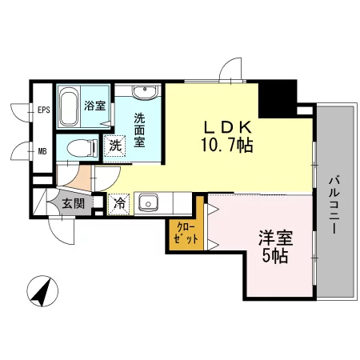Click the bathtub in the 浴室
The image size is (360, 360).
point(70,106)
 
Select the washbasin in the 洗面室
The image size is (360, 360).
point(145,92)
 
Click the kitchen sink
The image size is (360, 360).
point(148,204)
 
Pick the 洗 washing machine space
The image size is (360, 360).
point(115,146)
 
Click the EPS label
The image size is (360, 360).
point(44,110)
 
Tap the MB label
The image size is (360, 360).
point(42,151)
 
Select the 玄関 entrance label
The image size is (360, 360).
point(74,203)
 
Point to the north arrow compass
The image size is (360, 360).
point(42,291)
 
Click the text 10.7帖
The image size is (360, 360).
point(227,146)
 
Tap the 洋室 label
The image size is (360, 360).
point(275,238)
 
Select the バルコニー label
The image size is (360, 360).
point(334,204)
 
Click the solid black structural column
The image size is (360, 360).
point(278,99)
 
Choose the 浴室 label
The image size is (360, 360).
point(95,106)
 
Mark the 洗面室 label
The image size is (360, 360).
point(139,130)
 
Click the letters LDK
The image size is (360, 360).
point(228,127)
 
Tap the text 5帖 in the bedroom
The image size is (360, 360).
point(275,256)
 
